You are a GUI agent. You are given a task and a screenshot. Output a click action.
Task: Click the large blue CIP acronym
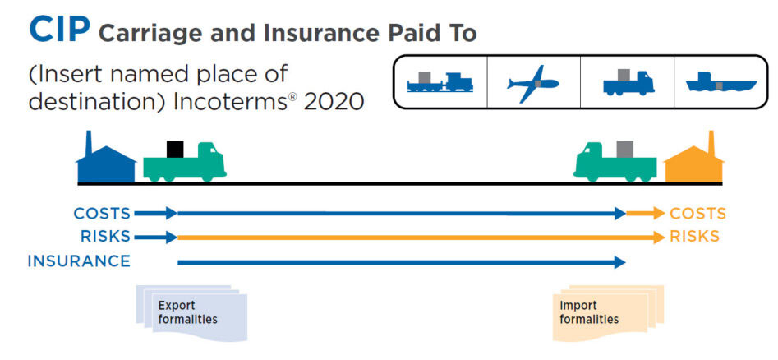pos(59,29)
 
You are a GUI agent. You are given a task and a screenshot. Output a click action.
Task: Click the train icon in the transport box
pos(440,82)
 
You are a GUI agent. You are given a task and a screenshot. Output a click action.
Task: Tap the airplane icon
pos(533,83)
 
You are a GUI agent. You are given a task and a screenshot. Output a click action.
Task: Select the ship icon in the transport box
pos(721,82)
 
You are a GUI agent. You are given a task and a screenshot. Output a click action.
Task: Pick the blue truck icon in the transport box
pos(628,82)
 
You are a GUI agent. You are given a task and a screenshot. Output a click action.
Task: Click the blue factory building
pos(106,157)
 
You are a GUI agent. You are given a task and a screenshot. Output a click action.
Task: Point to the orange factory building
pos(693,157)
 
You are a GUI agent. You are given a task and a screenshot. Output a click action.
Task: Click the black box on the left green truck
pos(175,149)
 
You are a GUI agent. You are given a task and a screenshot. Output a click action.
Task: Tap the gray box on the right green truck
pos(625,149)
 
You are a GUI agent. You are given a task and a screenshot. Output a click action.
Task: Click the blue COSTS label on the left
pos(102,214)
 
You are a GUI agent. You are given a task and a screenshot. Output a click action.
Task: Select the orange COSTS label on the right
pos(697,214)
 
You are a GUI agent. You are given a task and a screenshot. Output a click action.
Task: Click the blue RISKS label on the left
pos(105,237)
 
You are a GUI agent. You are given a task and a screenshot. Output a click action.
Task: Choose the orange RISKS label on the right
pos(695,237)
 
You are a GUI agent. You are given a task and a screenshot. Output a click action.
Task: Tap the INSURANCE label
pos(79,261)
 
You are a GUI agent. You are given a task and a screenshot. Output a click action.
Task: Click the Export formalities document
pos(191,313)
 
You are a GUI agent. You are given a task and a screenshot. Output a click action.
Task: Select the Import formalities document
pos(608,313)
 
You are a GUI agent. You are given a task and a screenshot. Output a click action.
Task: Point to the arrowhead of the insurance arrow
pos(619,262)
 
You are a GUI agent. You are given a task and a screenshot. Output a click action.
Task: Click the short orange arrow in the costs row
pos(645,214)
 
